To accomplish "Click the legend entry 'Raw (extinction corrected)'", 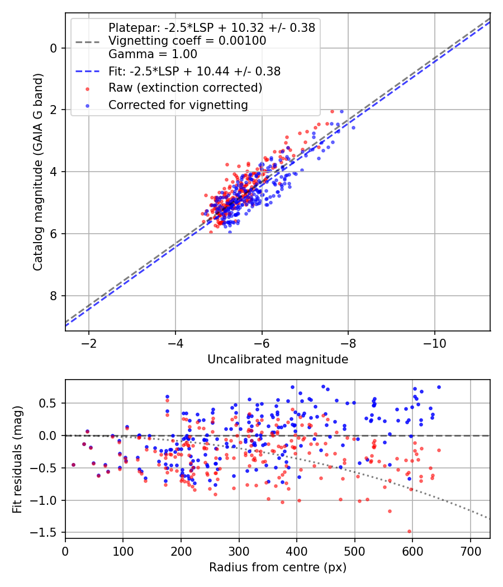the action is tap(185, 88).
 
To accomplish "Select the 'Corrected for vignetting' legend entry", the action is tap(178, 105).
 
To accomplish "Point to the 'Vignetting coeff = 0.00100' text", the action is tap(187, 40).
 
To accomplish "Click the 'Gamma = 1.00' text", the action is tap(153, 54).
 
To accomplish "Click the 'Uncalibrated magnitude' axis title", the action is tap(278, 359).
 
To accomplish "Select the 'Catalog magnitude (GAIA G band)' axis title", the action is tap(38, 172).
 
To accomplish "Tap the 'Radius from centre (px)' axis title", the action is tap(278, 567).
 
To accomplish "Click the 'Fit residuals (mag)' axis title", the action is tap(17, 460).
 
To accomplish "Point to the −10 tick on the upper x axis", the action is tap(435, 343).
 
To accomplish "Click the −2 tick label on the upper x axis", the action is tap(89, 343).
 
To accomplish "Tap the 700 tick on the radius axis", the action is tap(470, 551).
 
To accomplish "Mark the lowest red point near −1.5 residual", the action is tap(409, 531).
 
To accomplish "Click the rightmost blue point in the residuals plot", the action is tap(439, 387).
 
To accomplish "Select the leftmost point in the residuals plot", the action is tap(73, 465).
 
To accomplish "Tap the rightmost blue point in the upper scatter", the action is tap(353, 127).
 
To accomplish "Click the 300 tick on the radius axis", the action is tap(239, 551).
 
